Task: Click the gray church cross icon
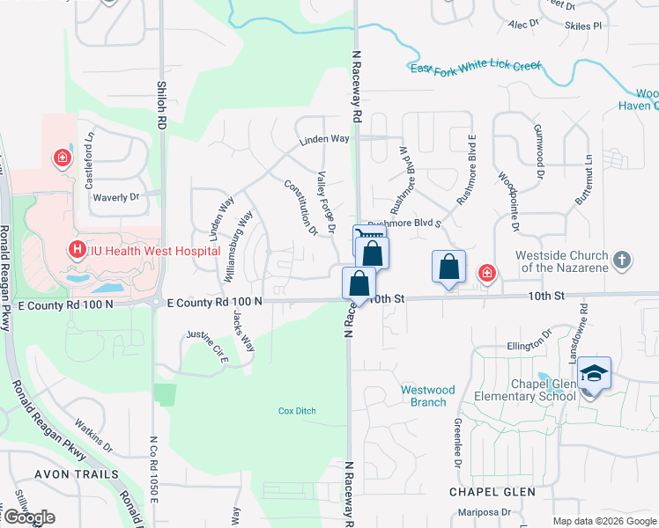(622, 260)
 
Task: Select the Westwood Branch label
(427, 395)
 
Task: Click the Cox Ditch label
(297, 411)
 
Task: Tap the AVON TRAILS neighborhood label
(77, 474)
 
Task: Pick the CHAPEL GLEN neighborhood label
(487, 491)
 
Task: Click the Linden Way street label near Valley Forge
(324, 139)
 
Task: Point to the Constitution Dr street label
(300, 209)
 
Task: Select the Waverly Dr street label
(117, 198)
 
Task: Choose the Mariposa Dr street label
(484, 511)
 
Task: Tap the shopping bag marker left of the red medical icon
(449, 267)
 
